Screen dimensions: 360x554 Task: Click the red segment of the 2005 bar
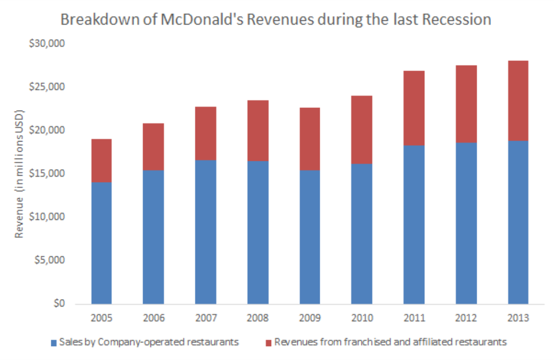click(x=101, y=161)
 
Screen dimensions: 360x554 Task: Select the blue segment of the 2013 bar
click(x=518, y=222)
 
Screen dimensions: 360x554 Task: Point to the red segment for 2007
click(x=205, y=134)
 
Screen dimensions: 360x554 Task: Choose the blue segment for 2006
click(x=153, y=237)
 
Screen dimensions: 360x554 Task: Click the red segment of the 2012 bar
click(x=466, y=104)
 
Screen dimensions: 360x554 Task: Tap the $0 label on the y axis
click(x=59, y=304)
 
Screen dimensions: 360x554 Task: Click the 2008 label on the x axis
click(x=257, y=318)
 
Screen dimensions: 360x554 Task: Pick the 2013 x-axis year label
click(x=518, y=318)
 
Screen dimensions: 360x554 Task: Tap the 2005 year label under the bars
click(x=101, y=318)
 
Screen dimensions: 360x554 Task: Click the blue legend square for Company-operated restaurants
click(x=53, y=341)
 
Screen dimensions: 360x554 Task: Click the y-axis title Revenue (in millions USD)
click(x=19, y=174)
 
